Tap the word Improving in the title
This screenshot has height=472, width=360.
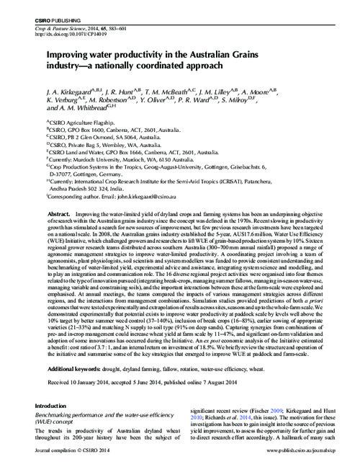tap(71, 54)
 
